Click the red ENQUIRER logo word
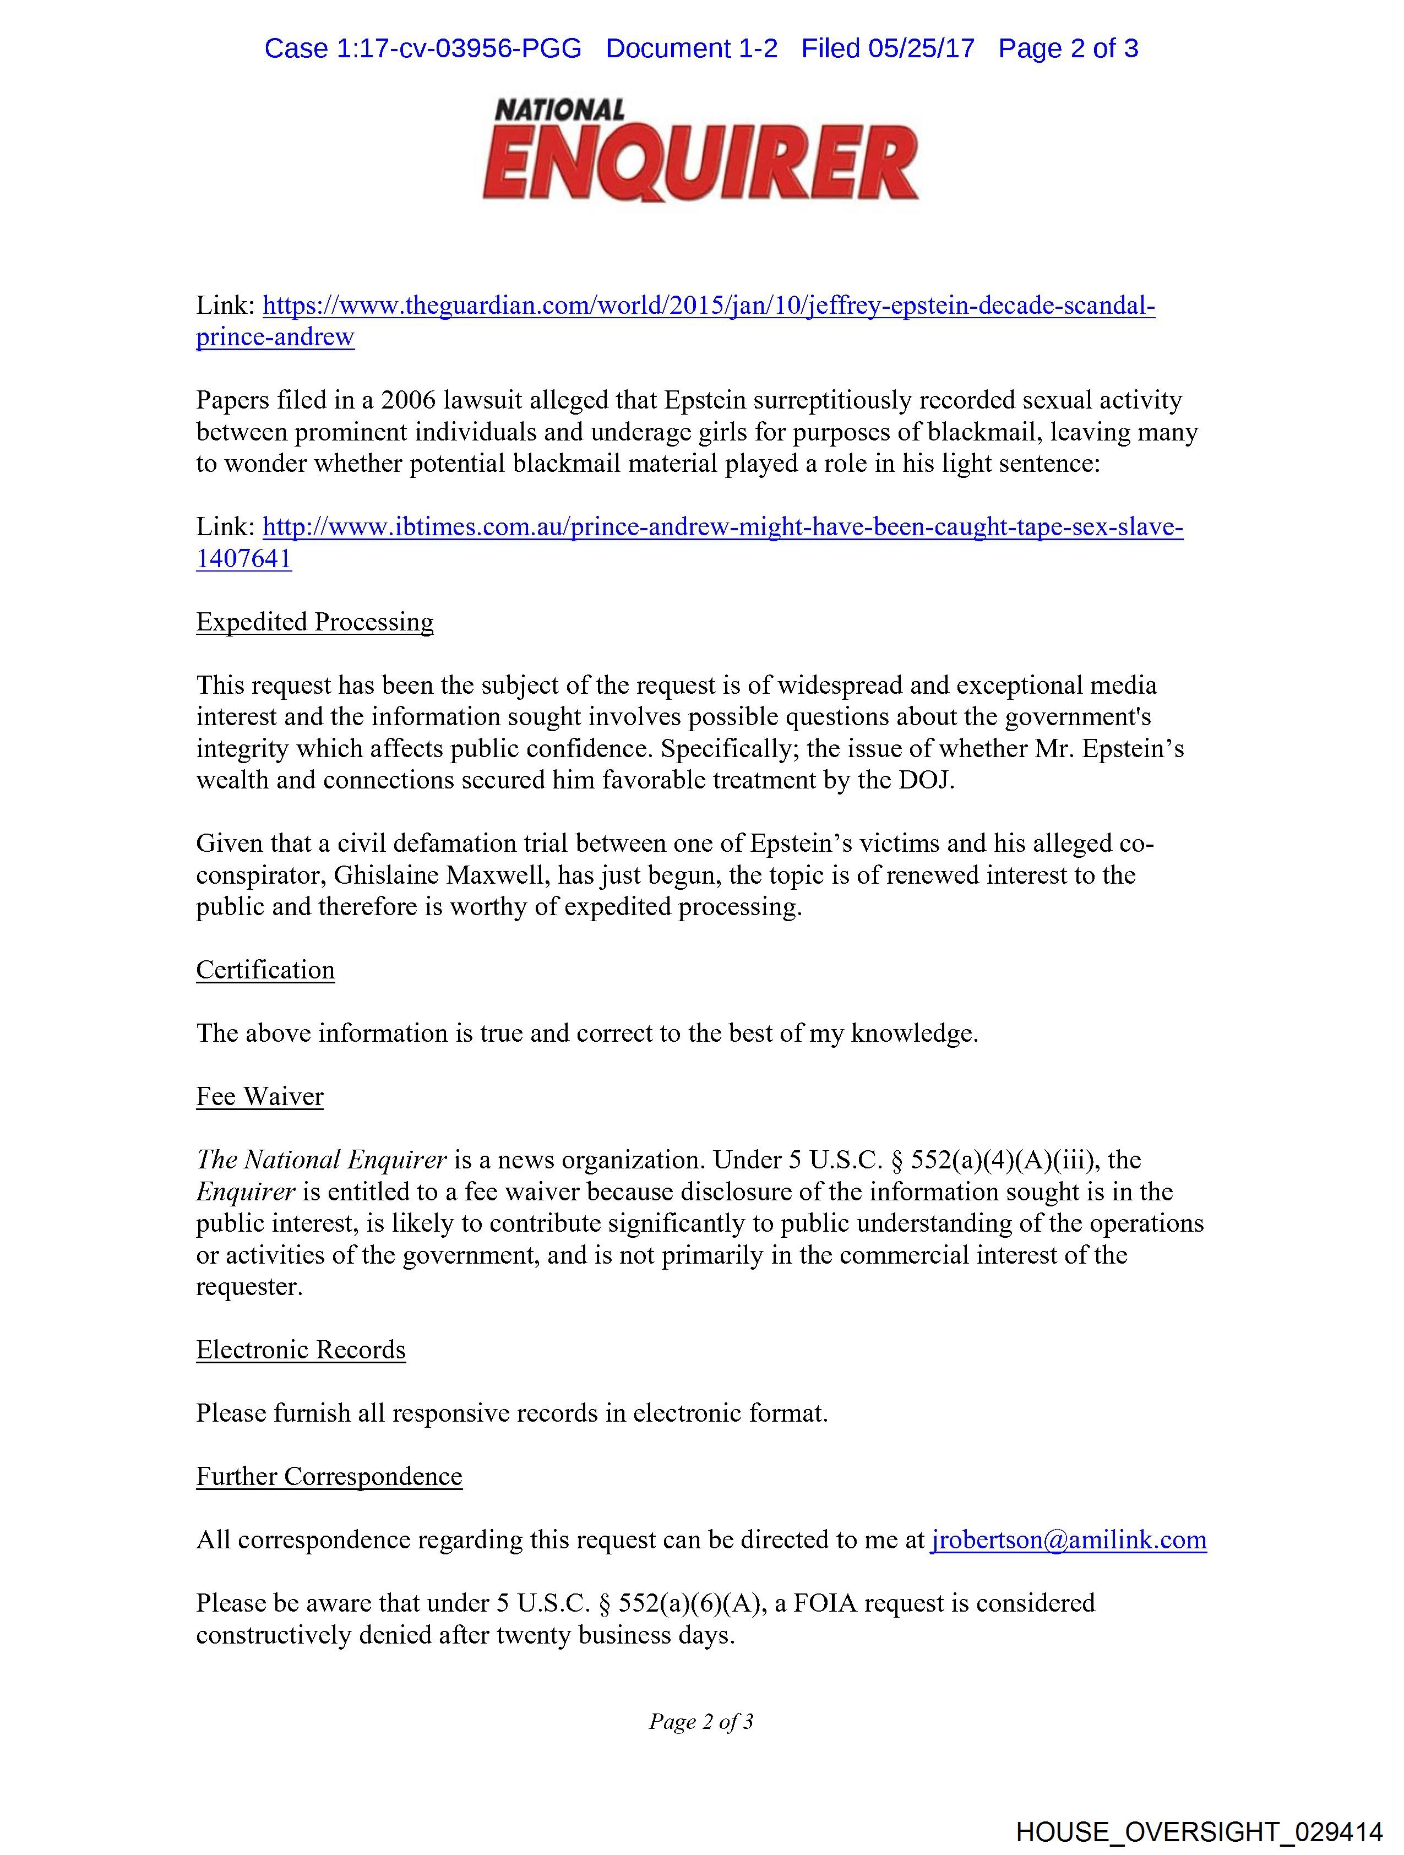click(x=700, y=161)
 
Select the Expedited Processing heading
click(x=314, y=622)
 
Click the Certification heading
click(x=265, y=970)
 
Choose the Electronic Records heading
click(x=300, y=1350)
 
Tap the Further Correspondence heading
click(x=329, y=1477)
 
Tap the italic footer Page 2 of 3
click(x=701, y=1722)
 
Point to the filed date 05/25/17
click(x=921, y=48)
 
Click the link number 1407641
click(x=243, y=559)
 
